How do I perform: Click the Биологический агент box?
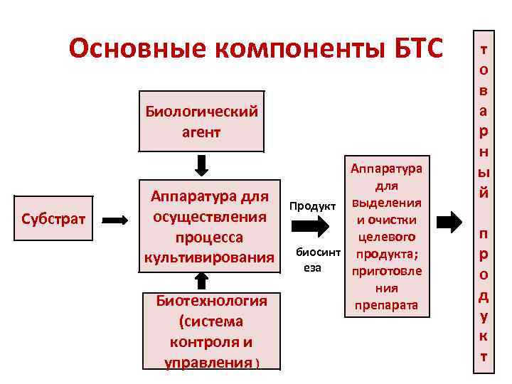(x=201, y=121)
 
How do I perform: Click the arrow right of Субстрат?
(x=113, y=220)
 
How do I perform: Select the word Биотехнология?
(x=212, y=300)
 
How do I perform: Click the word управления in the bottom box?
(x=208, y=363)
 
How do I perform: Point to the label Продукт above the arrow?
(x=312, y=206)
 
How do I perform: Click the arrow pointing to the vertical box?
(x=449, y=222)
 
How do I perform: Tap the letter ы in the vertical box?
(x=484, y=173)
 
